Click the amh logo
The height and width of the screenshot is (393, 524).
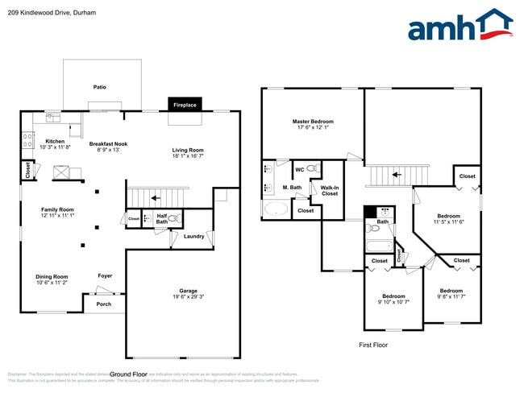[460, 26]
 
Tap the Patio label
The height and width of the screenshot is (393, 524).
[100, 86]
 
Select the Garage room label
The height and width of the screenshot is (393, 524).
[189, 292]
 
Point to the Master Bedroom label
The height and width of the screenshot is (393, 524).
[313, 122]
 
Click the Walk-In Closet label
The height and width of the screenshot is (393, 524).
[330, 190]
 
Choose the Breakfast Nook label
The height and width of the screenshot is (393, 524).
[108, 143]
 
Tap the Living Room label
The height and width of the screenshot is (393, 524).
[188, 149]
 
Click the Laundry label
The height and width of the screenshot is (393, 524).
[193, 236]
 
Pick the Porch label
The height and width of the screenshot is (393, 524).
[104, 304]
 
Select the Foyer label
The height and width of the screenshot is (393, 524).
[105, 275]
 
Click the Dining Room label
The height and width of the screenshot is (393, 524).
[52, 277]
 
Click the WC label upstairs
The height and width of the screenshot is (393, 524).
[299, 169]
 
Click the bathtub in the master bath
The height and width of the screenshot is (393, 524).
[276, 209]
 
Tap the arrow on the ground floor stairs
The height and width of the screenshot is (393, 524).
[156, 197]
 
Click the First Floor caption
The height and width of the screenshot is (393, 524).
[373, 345]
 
